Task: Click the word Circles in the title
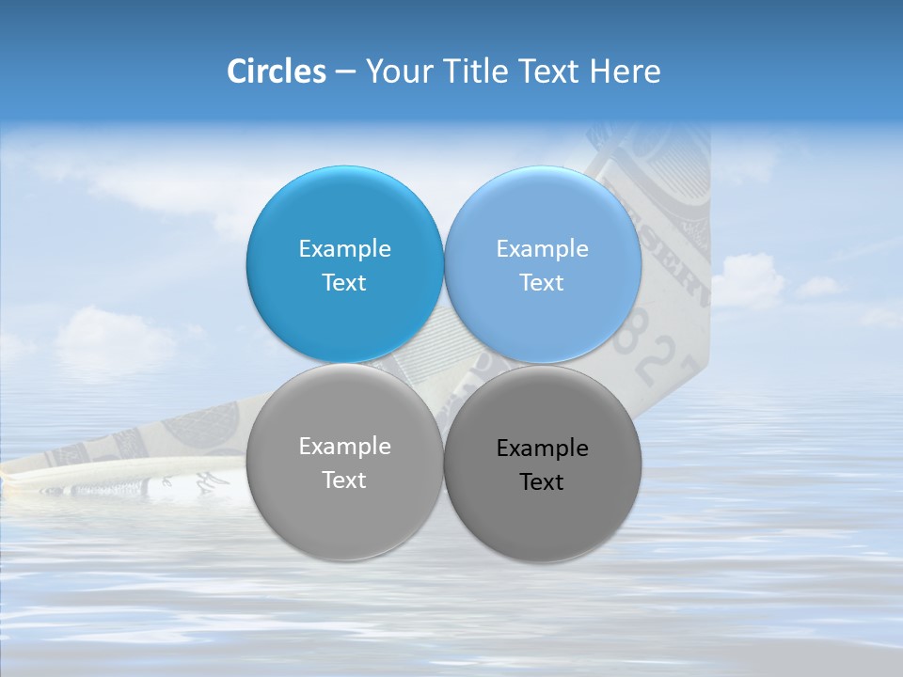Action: click(x=276, y=71)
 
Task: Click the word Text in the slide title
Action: click(x=551, y=71)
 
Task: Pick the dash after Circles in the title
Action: click(x=345, y=72)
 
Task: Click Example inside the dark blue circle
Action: click(x=344, y=249)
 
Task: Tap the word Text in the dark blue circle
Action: click(x=344, y=283)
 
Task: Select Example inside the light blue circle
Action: click(x=542, y=249)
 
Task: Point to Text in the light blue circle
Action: click(x=542, y=283)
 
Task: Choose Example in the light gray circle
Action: click(x=344, y=447)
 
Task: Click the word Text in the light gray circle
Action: click(x=344, y=480)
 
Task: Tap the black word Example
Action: click(x=542, y=449)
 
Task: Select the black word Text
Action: click(x=542, y=482)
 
